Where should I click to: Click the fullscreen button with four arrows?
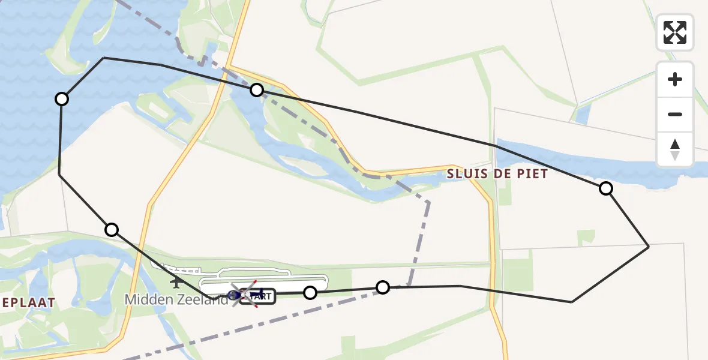(675, 32)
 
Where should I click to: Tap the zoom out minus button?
(675, 114)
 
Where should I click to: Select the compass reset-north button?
(675, 149)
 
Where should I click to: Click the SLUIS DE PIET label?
(497, 174)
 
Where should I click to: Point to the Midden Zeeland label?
(176, 299)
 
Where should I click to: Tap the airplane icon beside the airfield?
(177, 280)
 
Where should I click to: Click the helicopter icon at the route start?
(234, 295)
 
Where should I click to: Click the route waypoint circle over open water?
(61, 99)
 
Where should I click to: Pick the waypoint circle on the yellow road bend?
(257, 90)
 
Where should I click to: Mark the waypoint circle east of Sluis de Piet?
(606, 188)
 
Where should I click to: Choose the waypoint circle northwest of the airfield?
(112, 229)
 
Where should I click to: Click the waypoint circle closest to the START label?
(310, 293)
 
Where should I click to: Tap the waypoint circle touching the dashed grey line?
(383, 287)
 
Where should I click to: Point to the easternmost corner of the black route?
(649, 247)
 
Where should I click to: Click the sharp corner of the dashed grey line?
(428, 202)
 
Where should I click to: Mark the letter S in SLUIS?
(451, 174)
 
